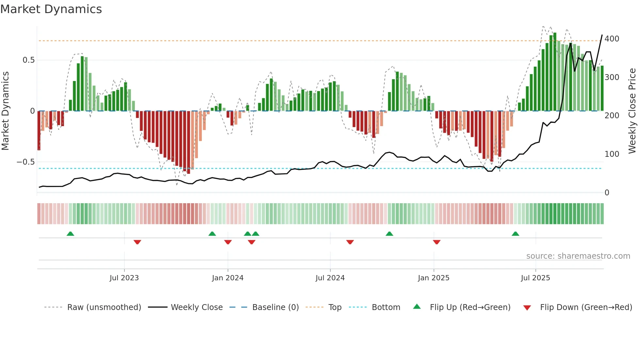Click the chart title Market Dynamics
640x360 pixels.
pos(51,9)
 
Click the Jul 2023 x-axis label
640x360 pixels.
pos(124,278)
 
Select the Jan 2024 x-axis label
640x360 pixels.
pos(228,278)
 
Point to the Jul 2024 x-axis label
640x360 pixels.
pos(330,278)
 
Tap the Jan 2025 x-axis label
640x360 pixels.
pos(434,278)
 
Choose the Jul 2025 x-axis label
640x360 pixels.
pos(536,278)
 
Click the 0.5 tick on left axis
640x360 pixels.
pos(28,60)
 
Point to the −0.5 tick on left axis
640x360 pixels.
pos(25,162)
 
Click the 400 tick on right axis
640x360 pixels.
pos(612,39)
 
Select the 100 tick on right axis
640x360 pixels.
pos(612,154)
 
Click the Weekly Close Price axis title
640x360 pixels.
pos(632,111)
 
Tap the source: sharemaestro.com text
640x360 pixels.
pos(578,256)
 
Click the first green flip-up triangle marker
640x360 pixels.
pos(70,234)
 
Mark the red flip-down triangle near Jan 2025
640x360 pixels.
pos(437,242)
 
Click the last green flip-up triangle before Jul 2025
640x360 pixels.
pos(515,234)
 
